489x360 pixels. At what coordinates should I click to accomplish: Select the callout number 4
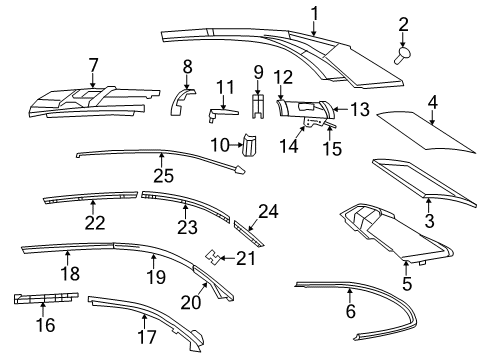[x=434, y=101]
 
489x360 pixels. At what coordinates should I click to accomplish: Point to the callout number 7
[x=93, y=67]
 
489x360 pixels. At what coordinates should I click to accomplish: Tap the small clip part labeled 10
[x=250, y=148]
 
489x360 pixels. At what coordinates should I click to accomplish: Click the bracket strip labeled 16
[x=45, y=299]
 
